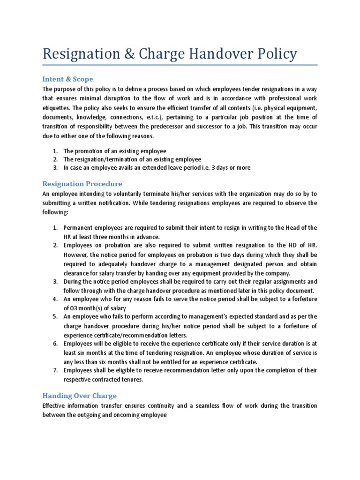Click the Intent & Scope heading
pyautogui.click(x=68, y=79)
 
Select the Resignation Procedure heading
pyautogui.click(x=82, y=184)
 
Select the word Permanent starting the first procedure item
pyautogui.click(x=79, y=228)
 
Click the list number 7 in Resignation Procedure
pyautogui.click(x=54, y=370)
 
